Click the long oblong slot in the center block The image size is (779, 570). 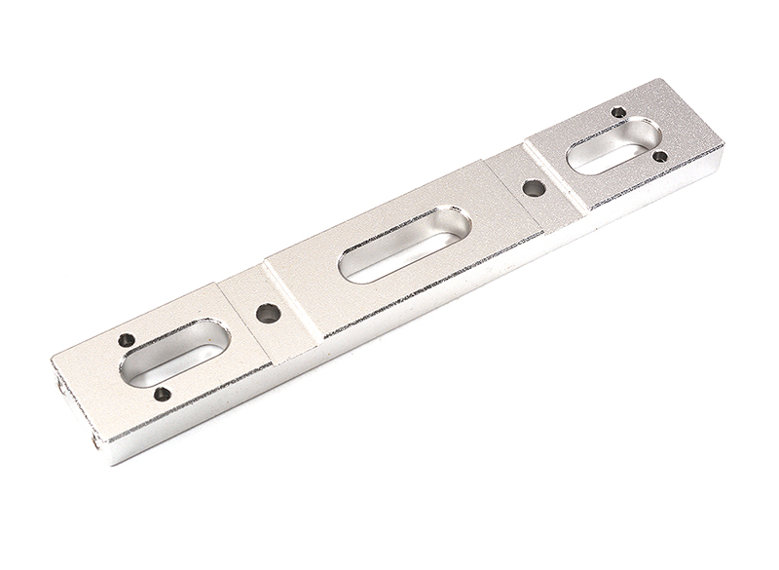(404, 245)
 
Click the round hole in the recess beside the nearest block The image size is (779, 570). (267, 314)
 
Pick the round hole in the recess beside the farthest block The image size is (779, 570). (533, 188)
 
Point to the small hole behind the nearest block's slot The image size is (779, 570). (127, 340)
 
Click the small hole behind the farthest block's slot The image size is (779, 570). (618, 112)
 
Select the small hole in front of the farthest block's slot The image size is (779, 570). (659, 156)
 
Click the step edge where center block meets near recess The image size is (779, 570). (292, 302)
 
